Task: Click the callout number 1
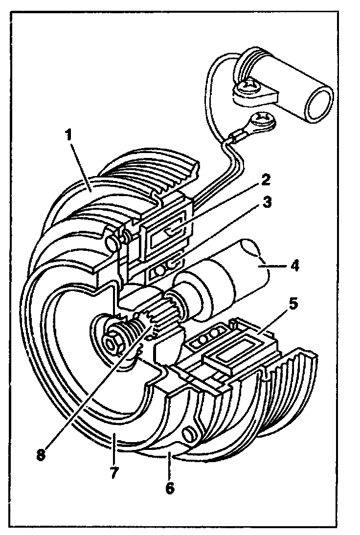point(69,135)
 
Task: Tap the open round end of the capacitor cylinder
point(317,105)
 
